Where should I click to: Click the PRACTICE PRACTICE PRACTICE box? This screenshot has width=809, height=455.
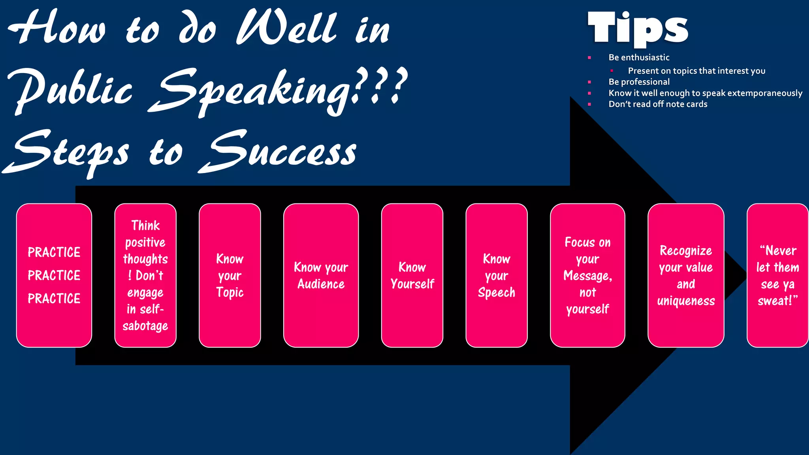click(54, 275)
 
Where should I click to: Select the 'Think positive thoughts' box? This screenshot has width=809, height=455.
click(145, 275)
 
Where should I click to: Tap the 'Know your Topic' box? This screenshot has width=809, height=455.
click(230, 275)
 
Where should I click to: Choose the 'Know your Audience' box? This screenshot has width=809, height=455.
click(321, 275)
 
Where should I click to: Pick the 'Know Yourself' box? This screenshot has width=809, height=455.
click(412, 275)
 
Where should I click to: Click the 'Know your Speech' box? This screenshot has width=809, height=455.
click(497, 275)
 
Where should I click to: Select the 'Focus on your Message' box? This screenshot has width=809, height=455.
click(587, 275)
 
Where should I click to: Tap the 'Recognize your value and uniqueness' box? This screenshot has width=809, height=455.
click(686, 275)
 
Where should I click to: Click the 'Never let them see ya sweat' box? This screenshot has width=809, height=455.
click(777, 275)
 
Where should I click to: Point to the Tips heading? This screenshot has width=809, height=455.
click(638, 28)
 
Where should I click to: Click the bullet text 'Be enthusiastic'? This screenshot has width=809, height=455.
click(639, 58)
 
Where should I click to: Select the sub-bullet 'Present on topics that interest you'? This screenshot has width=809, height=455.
click(696, 71)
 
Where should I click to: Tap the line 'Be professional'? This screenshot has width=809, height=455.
click(639, 82)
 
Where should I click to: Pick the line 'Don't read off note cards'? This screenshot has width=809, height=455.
click(658, 104)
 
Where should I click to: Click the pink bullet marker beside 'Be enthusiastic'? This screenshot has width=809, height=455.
click(589, 58)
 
